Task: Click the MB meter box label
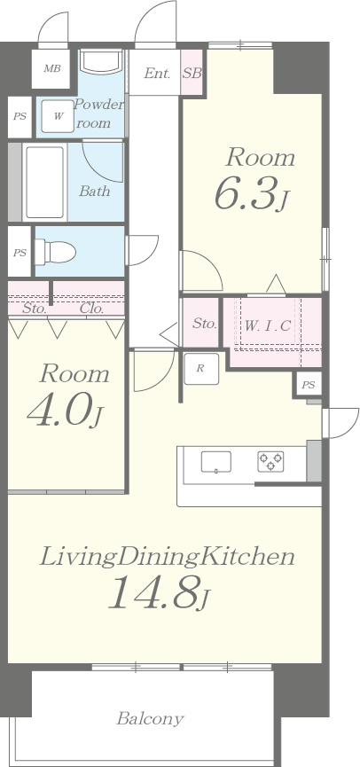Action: point(51,68)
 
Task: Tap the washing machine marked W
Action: point(59,116)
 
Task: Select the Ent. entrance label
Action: point(157,74)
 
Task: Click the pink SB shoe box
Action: point(192,73)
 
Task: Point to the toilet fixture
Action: point(55,253)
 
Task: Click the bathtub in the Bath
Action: point(44,182)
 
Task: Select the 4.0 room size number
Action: point(59,410)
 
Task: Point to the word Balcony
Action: point(150,718)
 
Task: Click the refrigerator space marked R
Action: point(200,368)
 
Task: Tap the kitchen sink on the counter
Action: point(215,462)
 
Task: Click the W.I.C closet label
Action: point(268,325)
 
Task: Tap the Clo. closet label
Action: point(91,309)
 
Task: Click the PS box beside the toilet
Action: point(20,252)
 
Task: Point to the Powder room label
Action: point(98,113)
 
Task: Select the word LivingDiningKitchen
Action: point(167,557)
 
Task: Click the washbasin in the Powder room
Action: point(102,62)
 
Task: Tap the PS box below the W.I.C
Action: point(309,385)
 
